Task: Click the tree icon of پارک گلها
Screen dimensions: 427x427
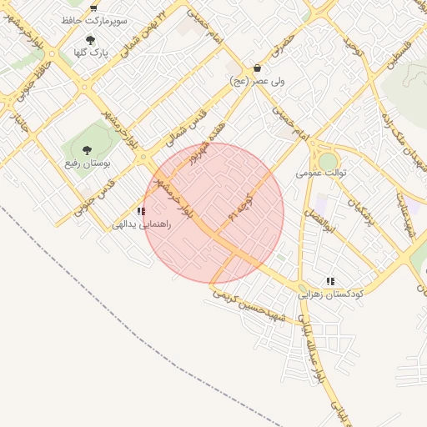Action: [x=90, y=38]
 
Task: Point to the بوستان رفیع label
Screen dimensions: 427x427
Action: [x=88, y=163]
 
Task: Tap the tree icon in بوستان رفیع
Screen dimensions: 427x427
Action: [x=88, y=150]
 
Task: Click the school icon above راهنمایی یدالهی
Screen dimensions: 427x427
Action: [x=141, y=212]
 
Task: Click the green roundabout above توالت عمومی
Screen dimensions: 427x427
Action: [x=329, y=159]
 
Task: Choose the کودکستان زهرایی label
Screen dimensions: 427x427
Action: [x=330, y=294]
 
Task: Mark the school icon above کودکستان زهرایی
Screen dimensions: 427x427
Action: [x=331, y=282]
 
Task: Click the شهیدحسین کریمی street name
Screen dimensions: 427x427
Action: [x=249, y=306]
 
